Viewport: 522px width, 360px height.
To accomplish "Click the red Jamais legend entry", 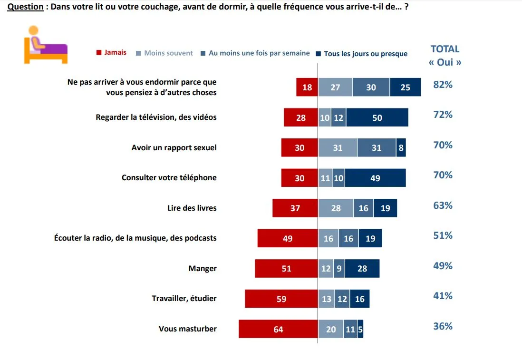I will pyautogui.click(x=112, y=53).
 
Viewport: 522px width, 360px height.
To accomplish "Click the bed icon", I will pyautogui.click(x=46, y=45).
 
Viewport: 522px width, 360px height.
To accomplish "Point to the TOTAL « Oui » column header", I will pyautogui.click(x=445, y=55).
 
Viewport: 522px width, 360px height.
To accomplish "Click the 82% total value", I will pyautogui.click(x=443, y=85).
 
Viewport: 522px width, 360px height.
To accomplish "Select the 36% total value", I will pyautogui.click(x=443, y=327).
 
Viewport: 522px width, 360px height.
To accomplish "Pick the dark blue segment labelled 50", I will pyautogui.click(x=377, y=117).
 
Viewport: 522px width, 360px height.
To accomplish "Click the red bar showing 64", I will pyautogui.click(x=278, y=329).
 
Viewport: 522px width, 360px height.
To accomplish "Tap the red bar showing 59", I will pyautogui.click(x=281, y=299).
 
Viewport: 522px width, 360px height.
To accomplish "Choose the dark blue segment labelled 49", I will pyautogui.click(x=375, y=178).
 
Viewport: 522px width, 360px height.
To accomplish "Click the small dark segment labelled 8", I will pyautogui.click(x=401, y=148).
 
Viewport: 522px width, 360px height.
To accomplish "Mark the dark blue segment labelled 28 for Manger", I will pyautogui.click(x=362, y=269).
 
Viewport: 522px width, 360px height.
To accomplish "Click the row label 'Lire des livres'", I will pyautogui.click(x=192, y=208).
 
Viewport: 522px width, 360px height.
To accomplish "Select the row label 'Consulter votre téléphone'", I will pyautogui.click(x=169, y=178).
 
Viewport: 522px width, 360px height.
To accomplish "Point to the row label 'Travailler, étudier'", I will pyautogui.click(x=184, y=299).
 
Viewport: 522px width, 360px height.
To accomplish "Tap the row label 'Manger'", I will pyautogui.click(x=203, y=269).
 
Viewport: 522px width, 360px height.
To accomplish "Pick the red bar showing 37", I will pyautogui.click(x=295, y=208).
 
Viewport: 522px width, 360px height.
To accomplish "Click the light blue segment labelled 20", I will pyautogui.click(x=331, y=329).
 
